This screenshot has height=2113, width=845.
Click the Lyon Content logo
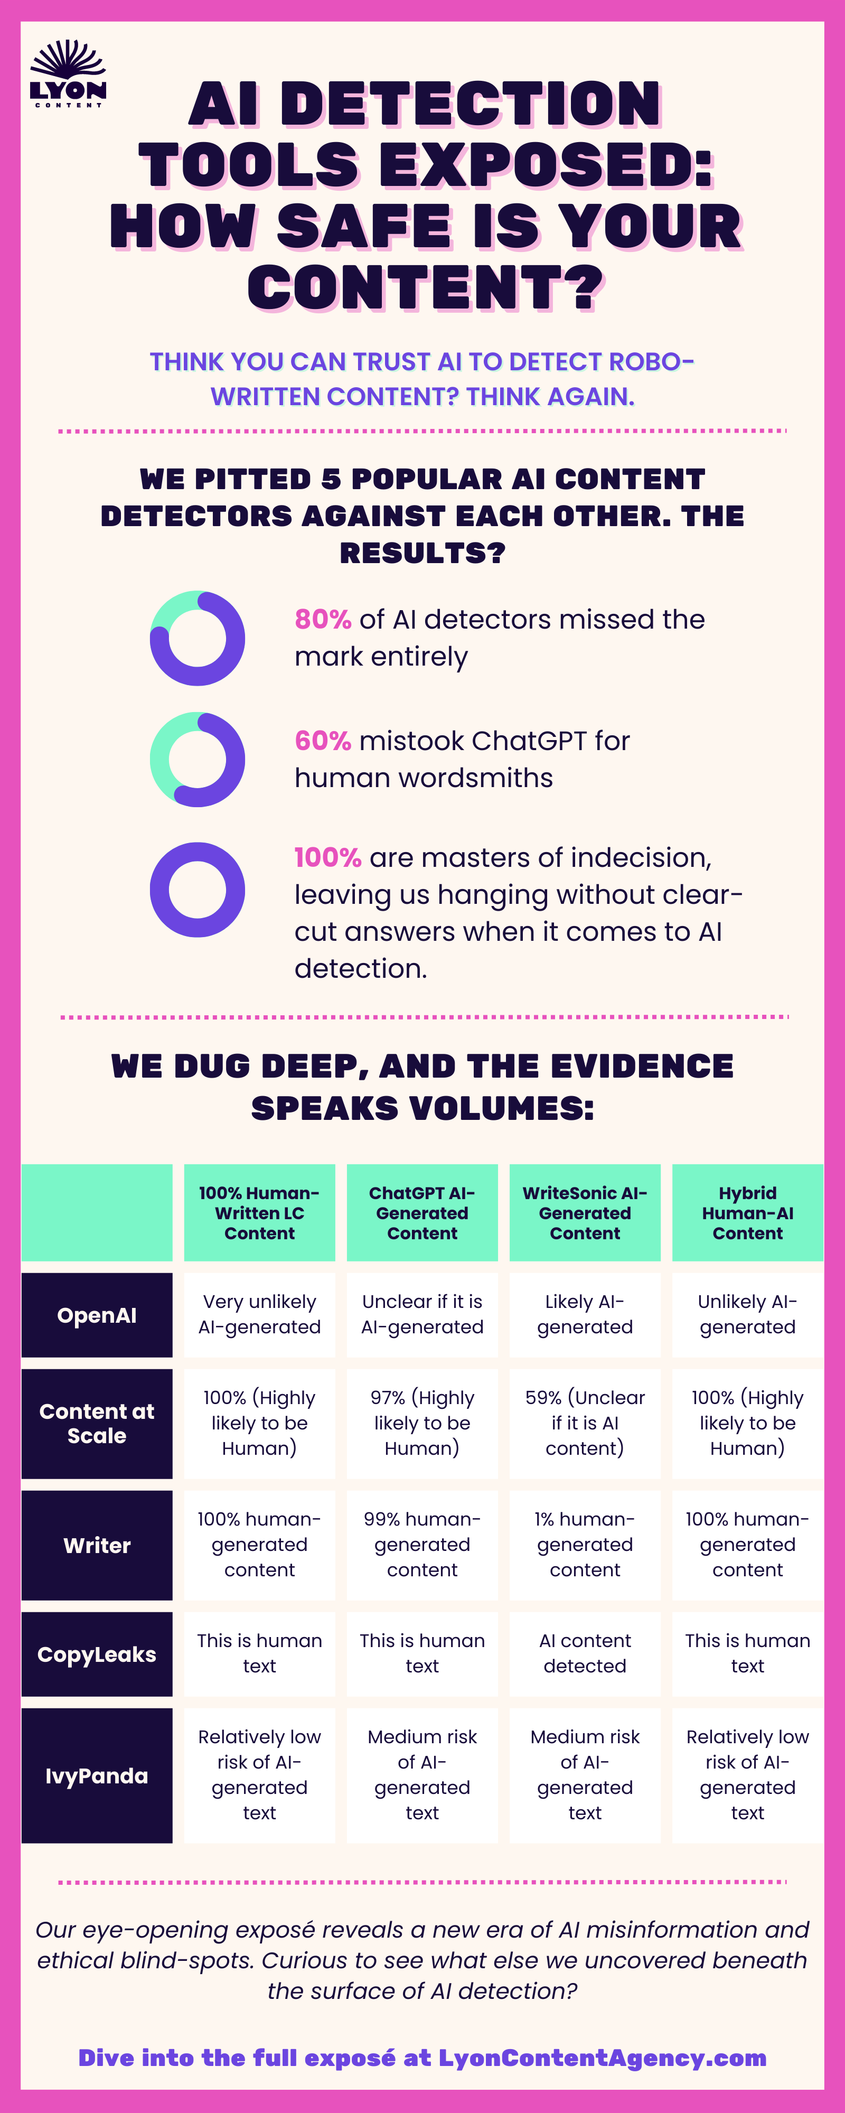click(68, 74)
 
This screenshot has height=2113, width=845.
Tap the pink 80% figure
click(323, 619)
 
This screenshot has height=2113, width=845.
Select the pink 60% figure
click(323, 741)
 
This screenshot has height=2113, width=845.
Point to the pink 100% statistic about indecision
click(328, 857)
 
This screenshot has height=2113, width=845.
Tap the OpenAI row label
click(97, 1315)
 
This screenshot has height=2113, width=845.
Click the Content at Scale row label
click(97, 1423)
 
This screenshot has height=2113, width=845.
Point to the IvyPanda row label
click(97, 1776)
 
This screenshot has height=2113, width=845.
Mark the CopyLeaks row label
click(97, 1654)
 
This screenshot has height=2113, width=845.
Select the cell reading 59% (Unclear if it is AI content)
click(585, 1423)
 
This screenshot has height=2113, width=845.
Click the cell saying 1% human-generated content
click(585, 1545)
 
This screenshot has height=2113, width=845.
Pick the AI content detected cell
click(585, 1653)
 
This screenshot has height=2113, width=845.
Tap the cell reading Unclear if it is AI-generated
click(422, 1315)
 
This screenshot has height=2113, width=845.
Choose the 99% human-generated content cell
click(422, 1545)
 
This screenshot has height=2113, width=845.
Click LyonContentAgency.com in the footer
click(602, 2058)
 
